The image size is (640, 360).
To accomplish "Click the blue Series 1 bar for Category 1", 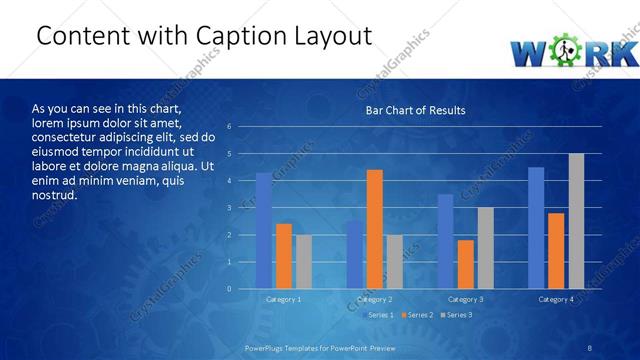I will tap(263, 231).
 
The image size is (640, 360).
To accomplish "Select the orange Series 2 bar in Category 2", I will tap(374, 229).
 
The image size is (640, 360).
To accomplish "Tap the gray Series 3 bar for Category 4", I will tap(576, 221).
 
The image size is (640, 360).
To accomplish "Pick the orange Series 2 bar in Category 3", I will tap(465, 264).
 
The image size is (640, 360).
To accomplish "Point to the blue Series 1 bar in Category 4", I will tap(536, 228).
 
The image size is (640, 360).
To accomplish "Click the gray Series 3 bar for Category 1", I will tap(303, 262).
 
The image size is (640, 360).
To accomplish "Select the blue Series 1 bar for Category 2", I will tap(354, 255).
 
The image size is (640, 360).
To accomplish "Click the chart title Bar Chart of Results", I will tap(415, 110).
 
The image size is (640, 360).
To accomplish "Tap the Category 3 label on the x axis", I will tap(465, 299).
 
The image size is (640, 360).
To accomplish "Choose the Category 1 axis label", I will tap(283, 299).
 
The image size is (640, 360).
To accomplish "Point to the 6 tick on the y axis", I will tap(230, 127).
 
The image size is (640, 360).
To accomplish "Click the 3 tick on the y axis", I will tap(230, 208).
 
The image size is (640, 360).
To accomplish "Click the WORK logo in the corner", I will tap(573, 51).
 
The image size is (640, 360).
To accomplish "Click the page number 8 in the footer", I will tap(591, 346).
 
